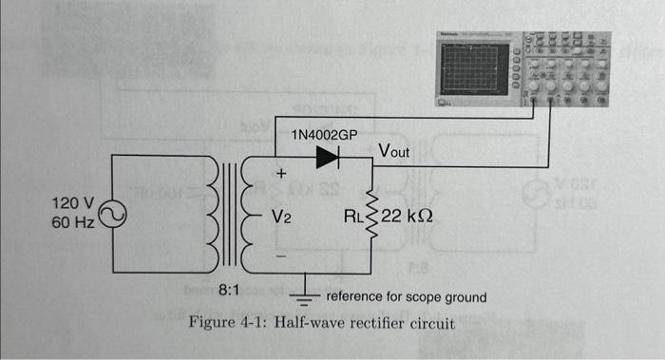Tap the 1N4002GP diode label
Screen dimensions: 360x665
324,135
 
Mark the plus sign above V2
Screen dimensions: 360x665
280,175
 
